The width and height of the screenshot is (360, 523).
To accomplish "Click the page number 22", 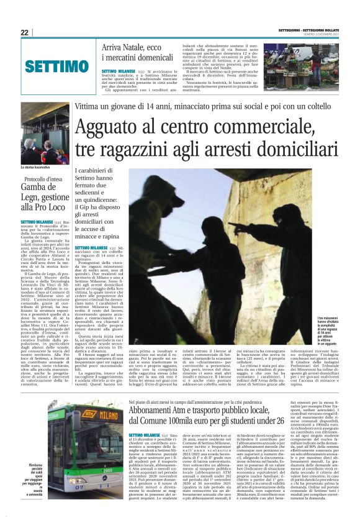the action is tap(25, 32).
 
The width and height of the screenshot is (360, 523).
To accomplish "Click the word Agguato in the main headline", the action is tap(109, 128).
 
